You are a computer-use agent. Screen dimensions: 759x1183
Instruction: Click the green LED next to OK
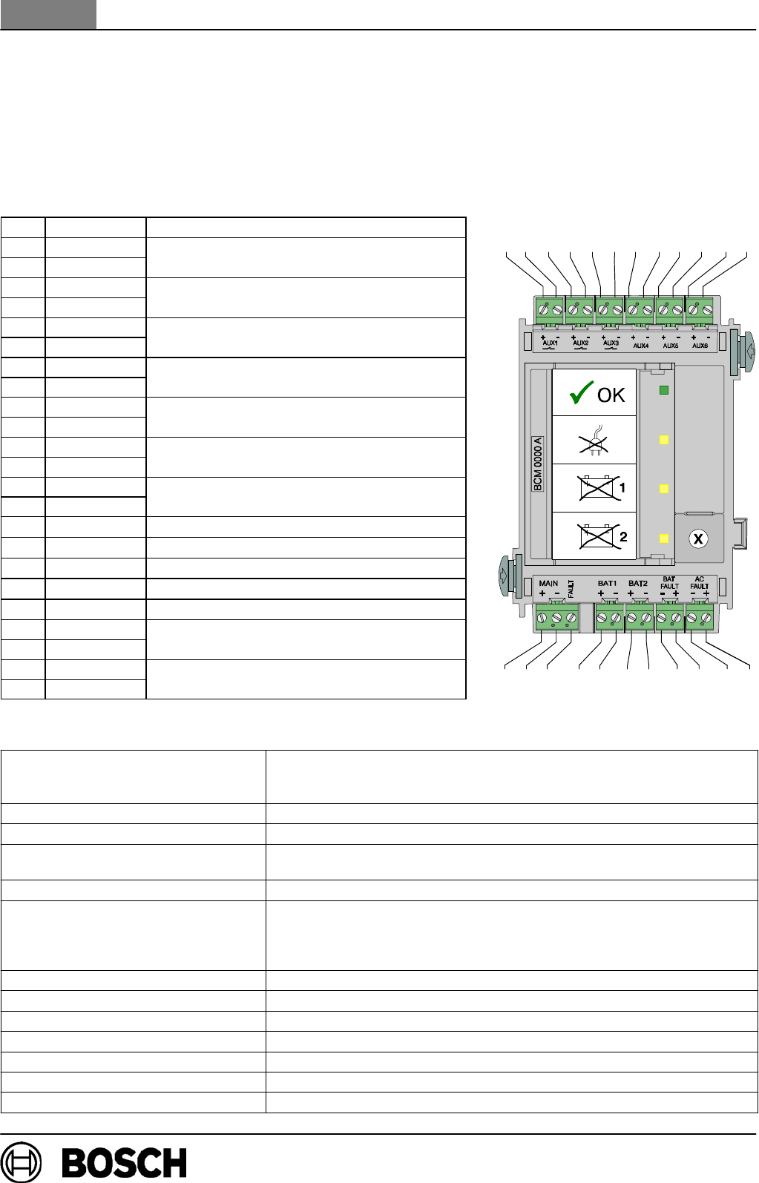[x=664, y=390]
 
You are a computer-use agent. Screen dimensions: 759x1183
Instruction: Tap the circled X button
[x=697, y=539]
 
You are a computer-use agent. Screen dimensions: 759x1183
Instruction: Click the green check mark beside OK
[x=581, y=393]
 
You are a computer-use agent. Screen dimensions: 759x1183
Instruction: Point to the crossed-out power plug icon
[x=594, y=440]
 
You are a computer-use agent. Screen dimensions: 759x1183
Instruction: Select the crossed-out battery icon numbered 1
[x=597, y=487]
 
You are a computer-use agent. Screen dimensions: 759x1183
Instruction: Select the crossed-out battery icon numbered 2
[x=597, y=535]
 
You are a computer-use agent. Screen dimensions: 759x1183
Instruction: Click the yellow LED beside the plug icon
[x=664, y=440]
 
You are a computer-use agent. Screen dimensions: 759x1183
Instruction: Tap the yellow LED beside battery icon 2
[x=664, y=538]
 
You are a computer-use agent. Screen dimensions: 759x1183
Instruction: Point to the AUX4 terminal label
[x=640, y=346]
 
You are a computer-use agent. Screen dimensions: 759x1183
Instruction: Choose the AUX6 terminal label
[x=700, y=346]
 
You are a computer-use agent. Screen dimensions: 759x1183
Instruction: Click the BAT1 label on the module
[x=607, y=584]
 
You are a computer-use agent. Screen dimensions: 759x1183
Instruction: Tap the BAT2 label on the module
[x=638, y=584]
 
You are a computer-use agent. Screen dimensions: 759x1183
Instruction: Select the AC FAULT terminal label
[x=699, y=583]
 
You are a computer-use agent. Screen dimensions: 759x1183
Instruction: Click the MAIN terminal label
[x=548, y=584]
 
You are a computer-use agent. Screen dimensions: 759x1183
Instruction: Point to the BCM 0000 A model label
[x=538, y=464]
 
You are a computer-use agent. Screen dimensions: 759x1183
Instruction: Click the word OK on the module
[x=611, y=395]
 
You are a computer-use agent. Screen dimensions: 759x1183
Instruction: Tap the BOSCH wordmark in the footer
[x=124, y=1163]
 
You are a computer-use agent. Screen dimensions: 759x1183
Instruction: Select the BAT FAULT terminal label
[x=669, y=583]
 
